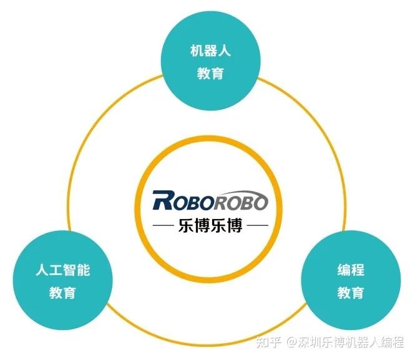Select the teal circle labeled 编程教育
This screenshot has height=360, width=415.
click(351, 281)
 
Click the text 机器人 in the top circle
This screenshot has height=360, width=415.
click(210, 51)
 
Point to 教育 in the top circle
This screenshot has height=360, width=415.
click(210, 73)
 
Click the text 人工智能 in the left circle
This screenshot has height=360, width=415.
click(62, 270)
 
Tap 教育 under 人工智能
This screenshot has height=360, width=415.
click(62, 293)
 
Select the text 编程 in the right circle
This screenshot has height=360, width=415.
click(351, 271)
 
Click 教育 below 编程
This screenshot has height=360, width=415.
click(351, 293)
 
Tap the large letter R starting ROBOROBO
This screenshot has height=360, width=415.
click(162, 201)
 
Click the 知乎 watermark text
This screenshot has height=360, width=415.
click(270, 341)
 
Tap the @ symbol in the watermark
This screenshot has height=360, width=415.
click(291, 342)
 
